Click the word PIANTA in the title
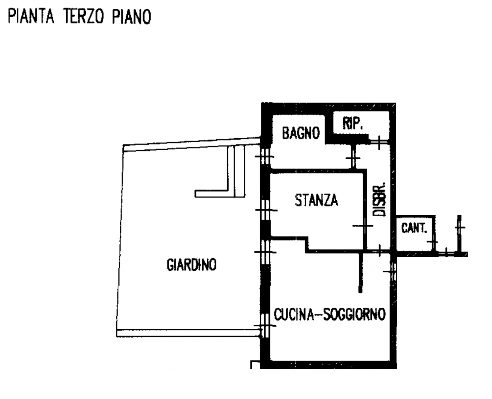pyautogui.click(x=31, y=17)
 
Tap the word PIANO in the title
pyautogui.click(x=132, y=17)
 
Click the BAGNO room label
pyautogui.click(x=301, y=133)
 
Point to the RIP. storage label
pyautogui.click(x=352, y=124)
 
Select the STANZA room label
pyautogui.click(x=317, y=200)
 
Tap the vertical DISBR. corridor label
pyautogui.click(x=379, y=199)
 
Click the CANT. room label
pyautogui.click(x=414, y=228)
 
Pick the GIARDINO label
pyautogui.click(x=191, y=265)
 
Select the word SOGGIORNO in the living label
pyautogui.click(x=354, y=314)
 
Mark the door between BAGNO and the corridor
pyautogui.click(x=353, y=158)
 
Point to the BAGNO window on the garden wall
pyautogui.click(x=265, y=156)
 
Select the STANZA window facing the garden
pyautogui.click(x=266, y=210)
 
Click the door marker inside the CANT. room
pyautogui.click(x=433, y=242)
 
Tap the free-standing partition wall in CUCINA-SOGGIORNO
pyautogui.click(x=361, y=272)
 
